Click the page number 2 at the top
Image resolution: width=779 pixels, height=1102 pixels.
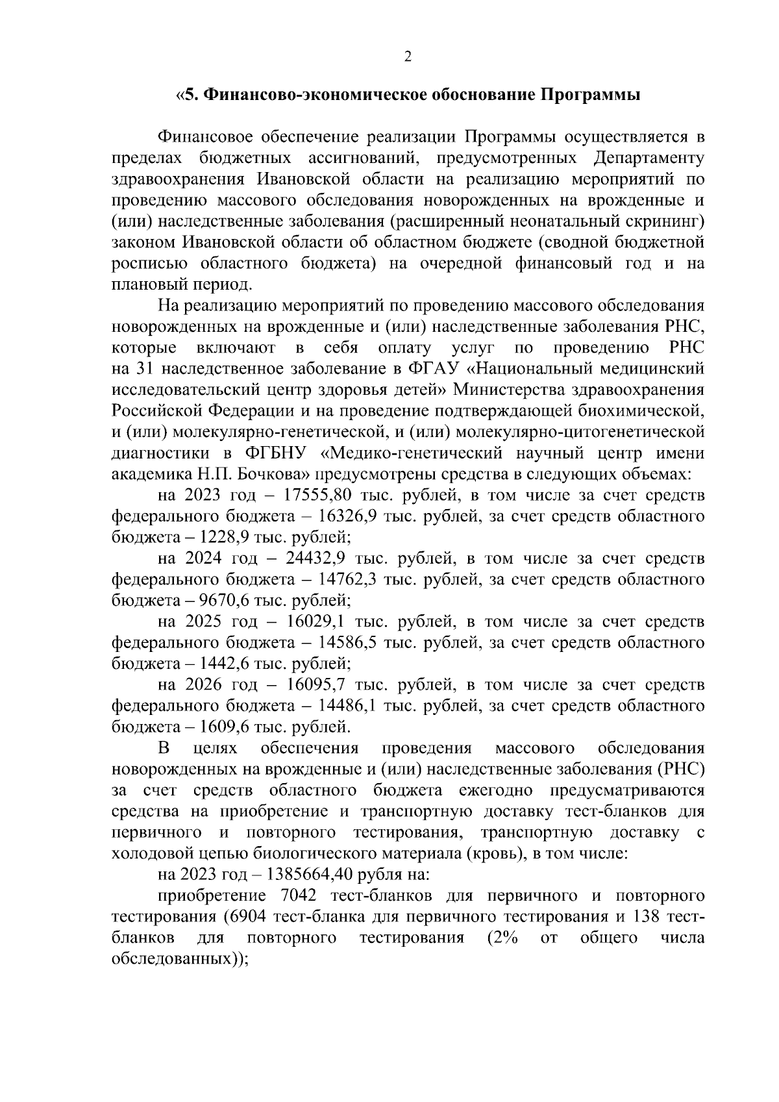[x=408, y=58]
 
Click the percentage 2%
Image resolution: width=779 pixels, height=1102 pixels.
[x=501, y=938]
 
